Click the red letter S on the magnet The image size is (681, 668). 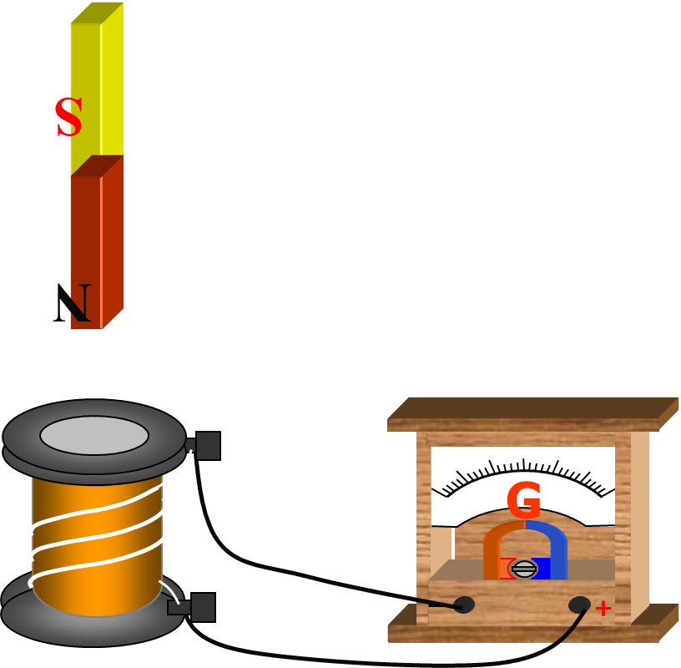[68, 119]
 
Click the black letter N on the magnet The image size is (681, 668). [73, 304]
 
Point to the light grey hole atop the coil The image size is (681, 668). [94, 435]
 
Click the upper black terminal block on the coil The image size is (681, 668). [207, 446]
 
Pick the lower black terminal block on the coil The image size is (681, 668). [202, 608]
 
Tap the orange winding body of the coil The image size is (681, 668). [96, 543]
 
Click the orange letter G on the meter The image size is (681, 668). [523, 501]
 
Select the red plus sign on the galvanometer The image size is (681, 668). [603, 609]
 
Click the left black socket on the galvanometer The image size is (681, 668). [464, 605]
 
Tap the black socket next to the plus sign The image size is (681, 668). [579, 605]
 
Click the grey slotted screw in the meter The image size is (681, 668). [523, 569]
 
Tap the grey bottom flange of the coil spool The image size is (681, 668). [92, 626]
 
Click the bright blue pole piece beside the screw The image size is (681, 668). [542, 569]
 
